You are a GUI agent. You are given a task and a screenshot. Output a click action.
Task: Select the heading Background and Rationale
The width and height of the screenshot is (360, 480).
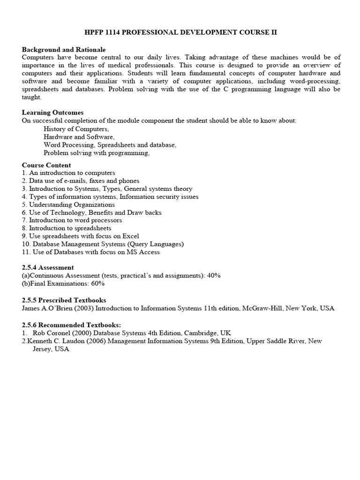pos(64,49)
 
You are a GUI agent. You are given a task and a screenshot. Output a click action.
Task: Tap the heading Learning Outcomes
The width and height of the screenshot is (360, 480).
pos(53,112)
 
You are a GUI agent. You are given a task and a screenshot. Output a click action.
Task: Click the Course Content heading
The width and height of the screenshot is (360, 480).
pos(46,165)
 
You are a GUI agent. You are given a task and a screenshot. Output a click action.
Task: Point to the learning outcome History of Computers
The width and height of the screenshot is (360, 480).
pos(76,129)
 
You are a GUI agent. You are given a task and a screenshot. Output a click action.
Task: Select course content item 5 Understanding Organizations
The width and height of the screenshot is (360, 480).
pos(72,205)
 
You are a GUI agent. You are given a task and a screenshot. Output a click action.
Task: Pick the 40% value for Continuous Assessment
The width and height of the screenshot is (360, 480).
pos(214,276)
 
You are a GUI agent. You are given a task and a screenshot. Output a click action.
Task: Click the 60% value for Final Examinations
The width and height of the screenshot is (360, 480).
pos(97,284)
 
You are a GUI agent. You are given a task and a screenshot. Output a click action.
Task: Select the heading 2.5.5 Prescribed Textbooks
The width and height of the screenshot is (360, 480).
pos(64,300)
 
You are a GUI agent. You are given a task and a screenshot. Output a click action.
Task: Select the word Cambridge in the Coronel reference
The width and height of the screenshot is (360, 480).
pos(204,333)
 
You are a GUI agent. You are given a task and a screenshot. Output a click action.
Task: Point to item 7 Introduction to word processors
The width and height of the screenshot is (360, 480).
pos(75,220)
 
